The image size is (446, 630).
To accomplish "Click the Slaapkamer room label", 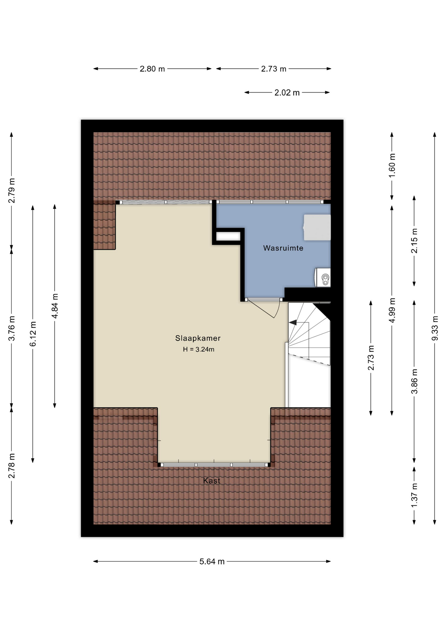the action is (x=198, y=338).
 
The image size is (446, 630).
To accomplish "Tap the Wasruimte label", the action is (x=283, y=248).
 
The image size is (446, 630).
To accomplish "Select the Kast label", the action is (x=212, y=481).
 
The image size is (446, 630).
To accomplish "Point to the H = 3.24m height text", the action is (x=199, y=349).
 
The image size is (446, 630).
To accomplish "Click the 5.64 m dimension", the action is (x=212, y=561).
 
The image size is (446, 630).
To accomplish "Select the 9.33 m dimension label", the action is (x=435, y=328).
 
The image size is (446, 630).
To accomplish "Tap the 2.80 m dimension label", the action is (x=152, y=69).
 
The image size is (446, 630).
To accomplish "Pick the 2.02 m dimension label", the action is (x=287, y=93).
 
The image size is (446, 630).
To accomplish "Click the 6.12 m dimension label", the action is (x=33, y=334).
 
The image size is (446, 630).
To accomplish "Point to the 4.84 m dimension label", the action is (x=55, y=306).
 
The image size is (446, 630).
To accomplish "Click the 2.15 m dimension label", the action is (x=414, y=241).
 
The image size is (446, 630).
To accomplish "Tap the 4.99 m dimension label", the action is (x=392, y=310).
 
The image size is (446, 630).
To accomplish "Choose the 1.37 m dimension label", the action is (x=414, y=495).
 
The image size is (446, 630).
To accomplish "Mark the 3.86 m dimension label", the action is (x=414, y=381).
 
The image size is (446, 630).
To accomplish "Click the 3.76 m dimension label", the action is (x=11, y=328).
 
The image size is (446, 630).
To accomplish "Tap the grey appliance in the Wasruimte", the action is (x=317, y=227).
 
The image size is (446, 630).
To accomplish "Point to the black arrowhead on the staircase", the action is (x=293, y=323).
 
